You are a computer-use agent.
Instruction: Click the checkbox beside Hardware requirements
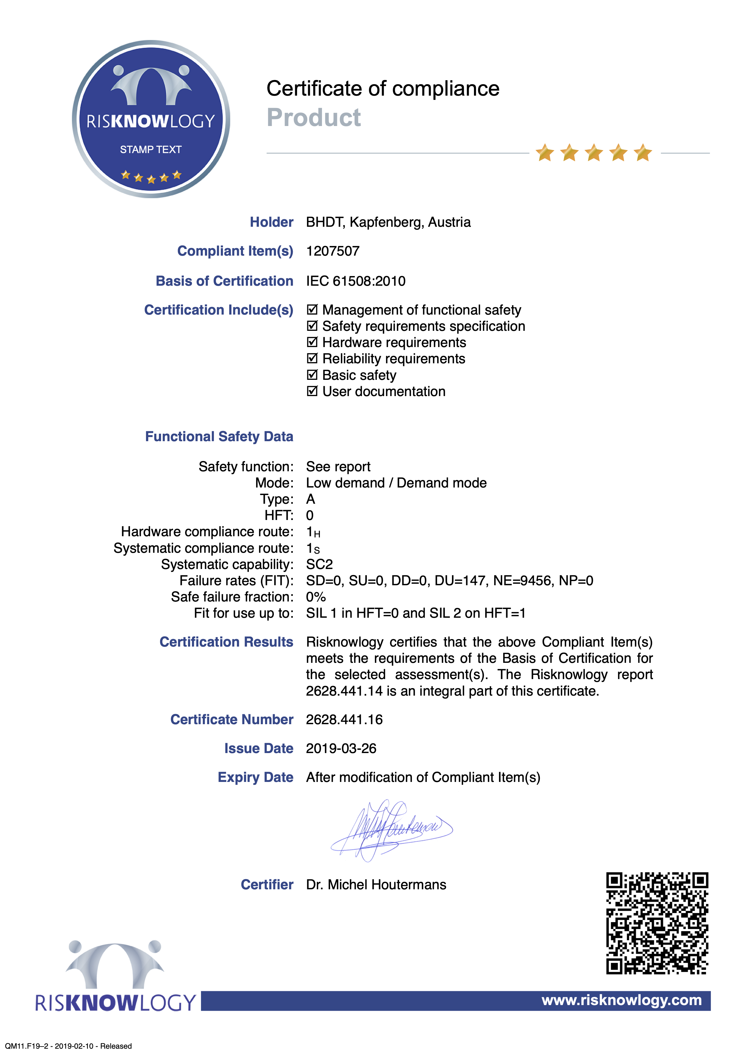[x=312, y=342]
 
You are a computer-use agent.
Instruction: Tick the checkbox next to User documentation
[x=312, y=392]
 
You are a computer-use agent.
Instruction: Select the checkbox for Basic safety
[x=312, y=375]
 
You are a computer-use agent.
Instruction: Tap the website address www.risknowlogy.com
[x=621, y=1000]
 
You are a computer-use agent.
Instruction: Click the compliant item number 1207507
[x=333, y=251]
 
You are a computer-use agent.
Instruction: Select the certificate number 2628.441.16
[x=344, y=720]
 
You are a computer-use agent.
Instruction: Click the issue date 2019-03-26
[x=341, y=749]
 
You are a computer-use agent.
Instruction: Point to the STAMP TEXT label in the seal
[x=151, y=149]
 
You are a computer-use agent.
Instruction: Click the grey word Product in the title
[x=314, y=118]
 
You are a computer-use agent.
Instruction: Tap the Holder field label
[x=271, y=222]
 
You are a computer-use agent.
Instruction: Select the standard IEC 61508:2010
[x=356, y=281]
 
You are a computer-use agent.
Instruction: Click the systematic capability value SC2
[x=320, y=564]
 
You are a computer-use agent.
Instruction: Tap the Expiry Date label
[x=255, y=777]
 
